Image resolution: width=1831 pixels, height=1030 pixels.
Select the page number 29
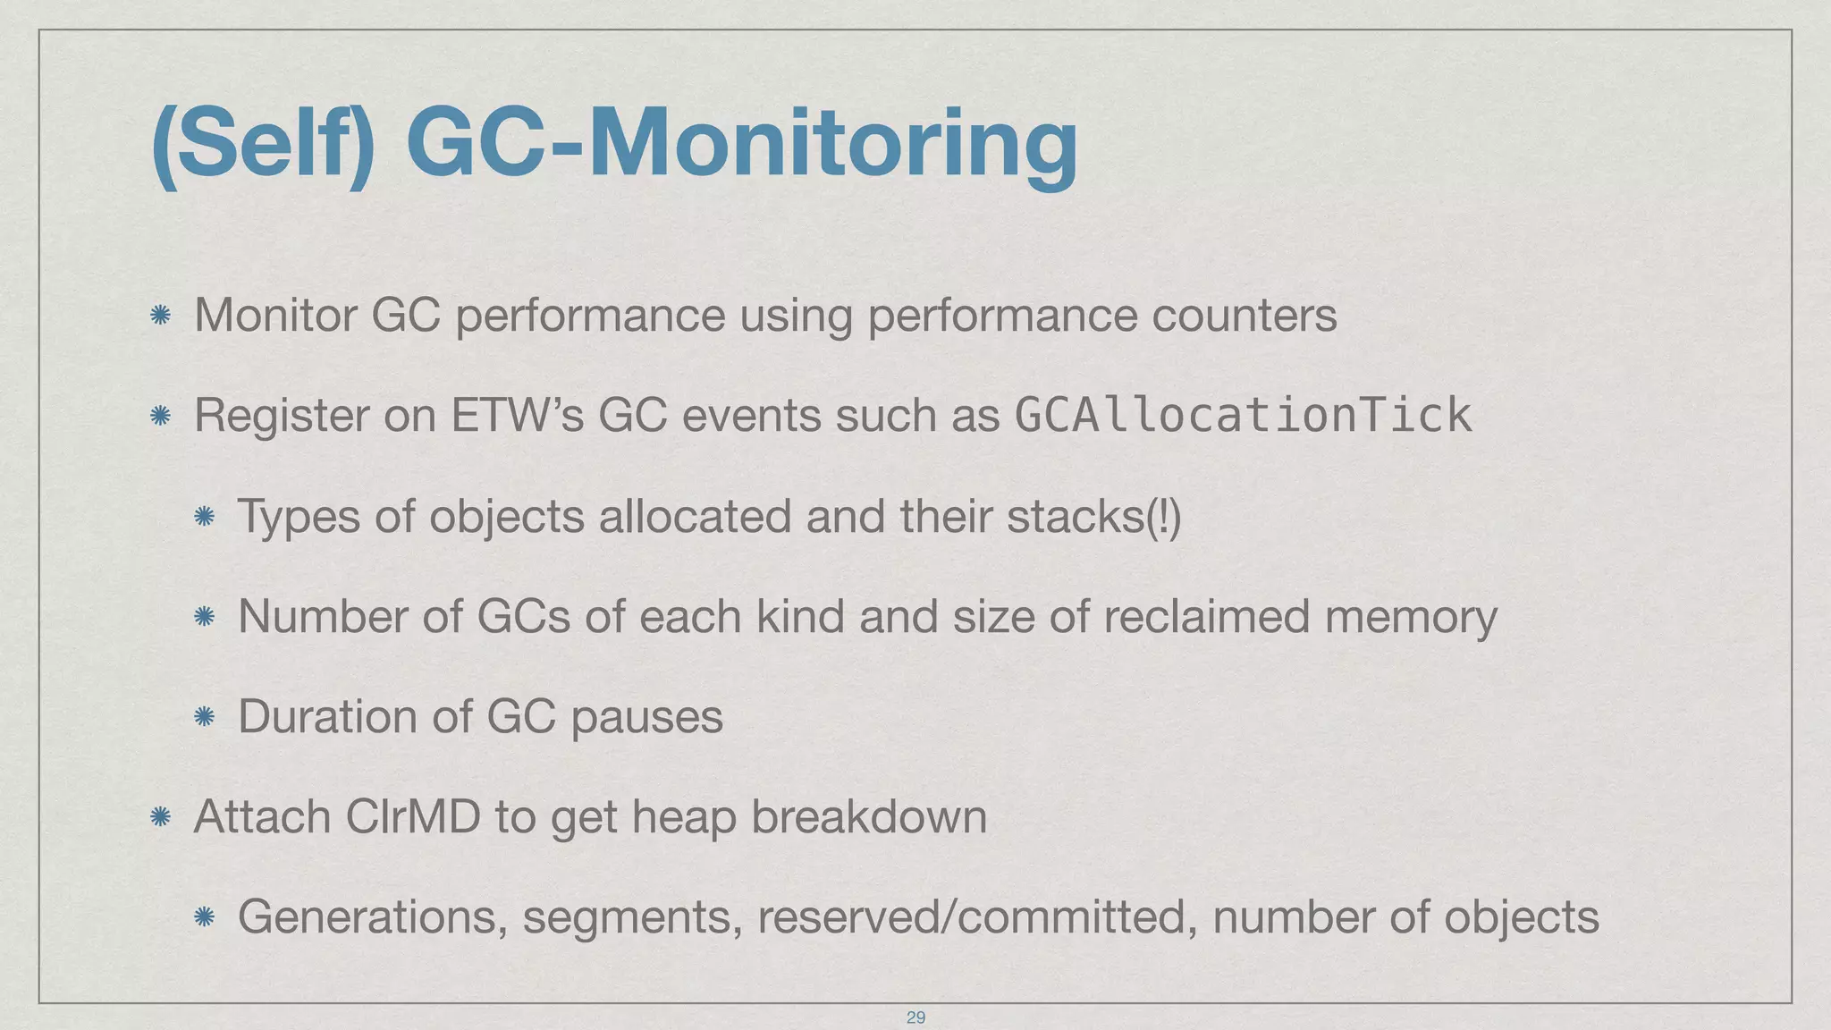(915, 1017)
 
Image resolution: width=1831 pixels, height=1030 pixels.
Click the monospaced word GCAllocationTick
(1244, 415)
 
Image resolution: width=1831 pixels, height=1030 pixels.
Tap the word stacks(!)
(1093, 516)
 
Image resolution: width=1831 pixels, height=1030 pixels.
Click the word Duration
(327, 716)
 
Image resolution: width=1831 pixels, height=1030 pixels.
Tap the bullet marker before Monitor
(161, 315)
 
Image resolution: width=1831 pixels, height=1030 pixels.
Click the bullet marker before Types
(205, 516)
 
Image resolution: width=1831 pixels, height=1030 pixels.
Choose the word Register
(281, 415)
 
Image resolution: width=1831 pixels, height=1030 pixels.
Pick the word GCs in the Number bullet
(523, 616)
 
